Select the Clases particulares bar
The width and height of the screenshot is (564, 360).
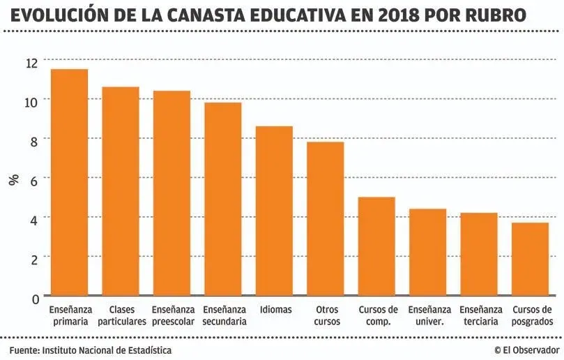(x=121, y=192)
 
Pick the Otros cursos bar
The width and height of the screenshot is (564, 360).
(x=326, y=219)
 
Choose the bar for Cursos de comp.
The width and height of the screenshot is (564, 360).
(x=376, y=247)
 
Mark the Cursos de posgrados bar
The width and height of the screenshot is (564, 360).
(x=530, y=260)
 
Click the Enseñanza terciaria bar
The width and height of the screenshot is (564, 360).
(x=479, y=255)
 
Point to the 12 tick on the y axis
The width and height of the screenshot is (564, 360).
(x=32, y=63)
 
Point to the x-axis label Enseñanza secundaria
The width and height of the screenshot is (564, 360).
(x=224, y=315)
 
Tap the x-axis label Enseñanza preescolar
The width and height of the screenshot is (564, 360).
(x=172, y=315)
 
